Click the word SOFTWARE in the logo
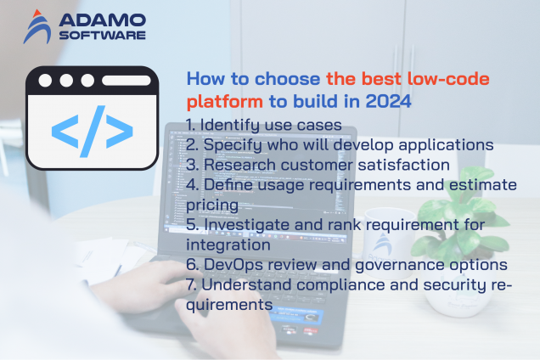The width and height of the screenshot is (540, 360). pos(101,35)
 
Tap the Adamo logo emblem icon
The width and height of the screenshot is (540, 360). pos(37,25)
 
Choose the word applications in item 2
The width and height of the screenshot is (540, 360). pos(446,144)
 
